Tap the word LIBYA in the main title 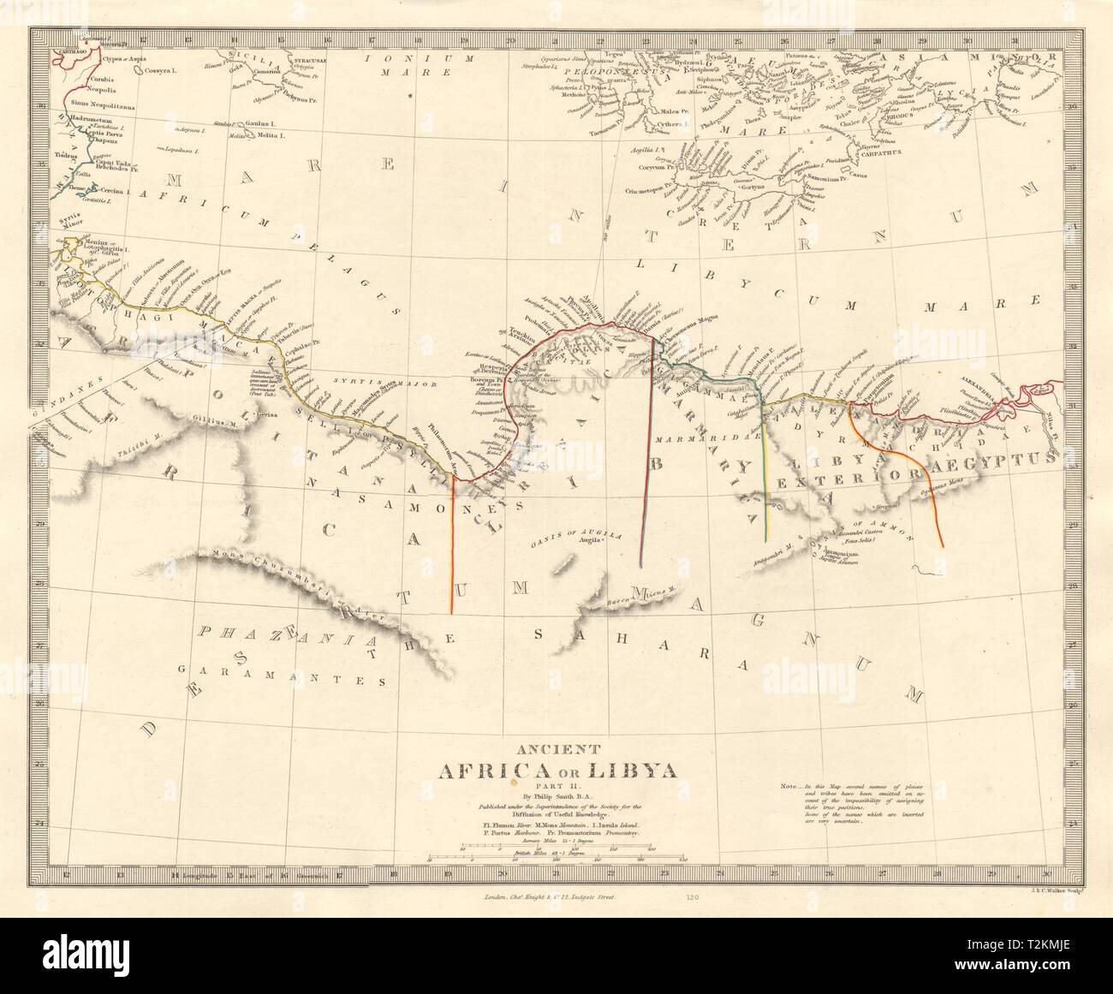(x=636, y=770)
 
